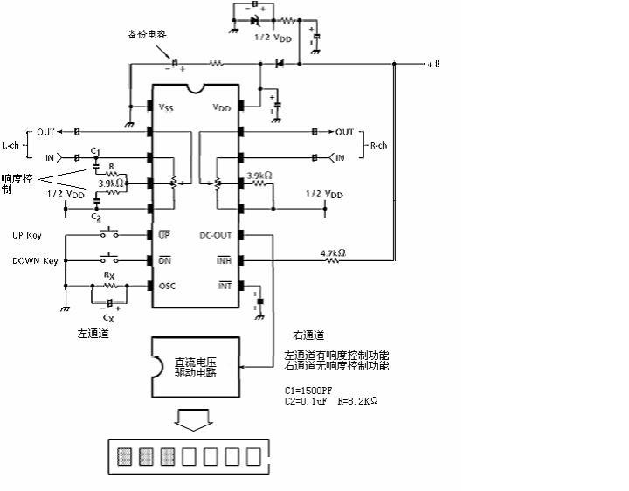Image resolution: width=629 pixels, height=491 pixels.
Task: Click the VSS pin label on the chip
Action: (166, 107)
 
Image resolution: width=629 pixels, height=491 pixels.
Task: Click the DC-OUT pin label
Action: (216, 235)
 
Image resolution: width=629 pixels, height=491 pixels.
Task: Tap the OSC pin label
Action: (168, 286)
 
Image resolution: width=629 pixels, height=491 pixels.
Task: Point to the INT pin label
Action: (223, 286)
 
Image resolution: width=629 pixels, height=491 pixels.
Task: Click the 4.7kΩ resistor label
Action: (333, 253)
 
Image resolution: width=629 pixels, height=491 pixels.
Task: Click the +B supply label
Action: (433, 64)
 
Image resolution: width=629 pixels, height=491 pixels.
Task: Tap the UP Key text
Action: (27, 236)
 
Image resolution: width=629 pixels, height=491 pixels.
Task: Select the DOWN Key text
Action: (35, 260)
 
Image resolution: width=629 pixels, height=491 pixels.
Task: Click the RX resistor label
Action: (109, 275)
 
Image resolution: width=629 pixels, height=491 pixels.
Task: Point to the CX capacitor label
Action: (109, 317)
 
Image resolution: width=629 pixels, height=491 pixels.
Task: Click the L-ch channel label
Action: (11, 145)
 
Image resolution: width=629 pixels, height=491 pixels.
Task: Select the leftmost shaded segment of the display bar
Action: (125, 456)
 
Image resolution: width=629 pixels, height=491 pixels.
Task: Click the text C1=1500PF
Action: (308, 390)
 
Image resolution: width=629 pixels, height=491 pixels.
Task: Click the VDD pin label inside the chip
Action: (222, 107)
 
